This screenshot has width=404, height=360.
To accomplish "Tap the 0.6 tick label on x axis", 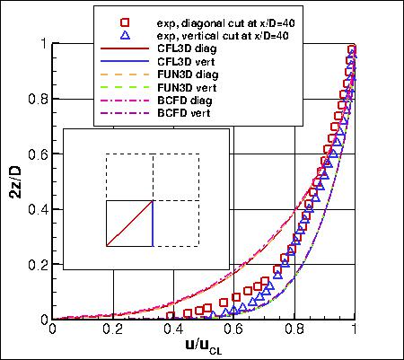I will pyautogui.click(x=234, y=329).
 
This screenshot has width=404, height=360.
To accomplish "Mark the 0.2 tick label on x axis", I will pyautogui.click(x=113, y=329).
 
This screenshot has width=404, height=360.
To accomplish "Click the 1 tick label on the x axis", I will pyautogui.click(x=356, y=329).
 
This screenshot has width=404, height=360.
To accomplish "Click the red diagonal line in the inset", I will pyautogui.click(x=129, y=223).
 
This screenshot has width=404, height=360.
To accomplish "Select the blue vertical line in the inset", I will pyautogui.click(x=153, y=223).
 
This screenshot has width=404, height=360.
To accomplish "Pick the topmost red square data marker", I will pyautogui.click(x=353, y=50).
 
